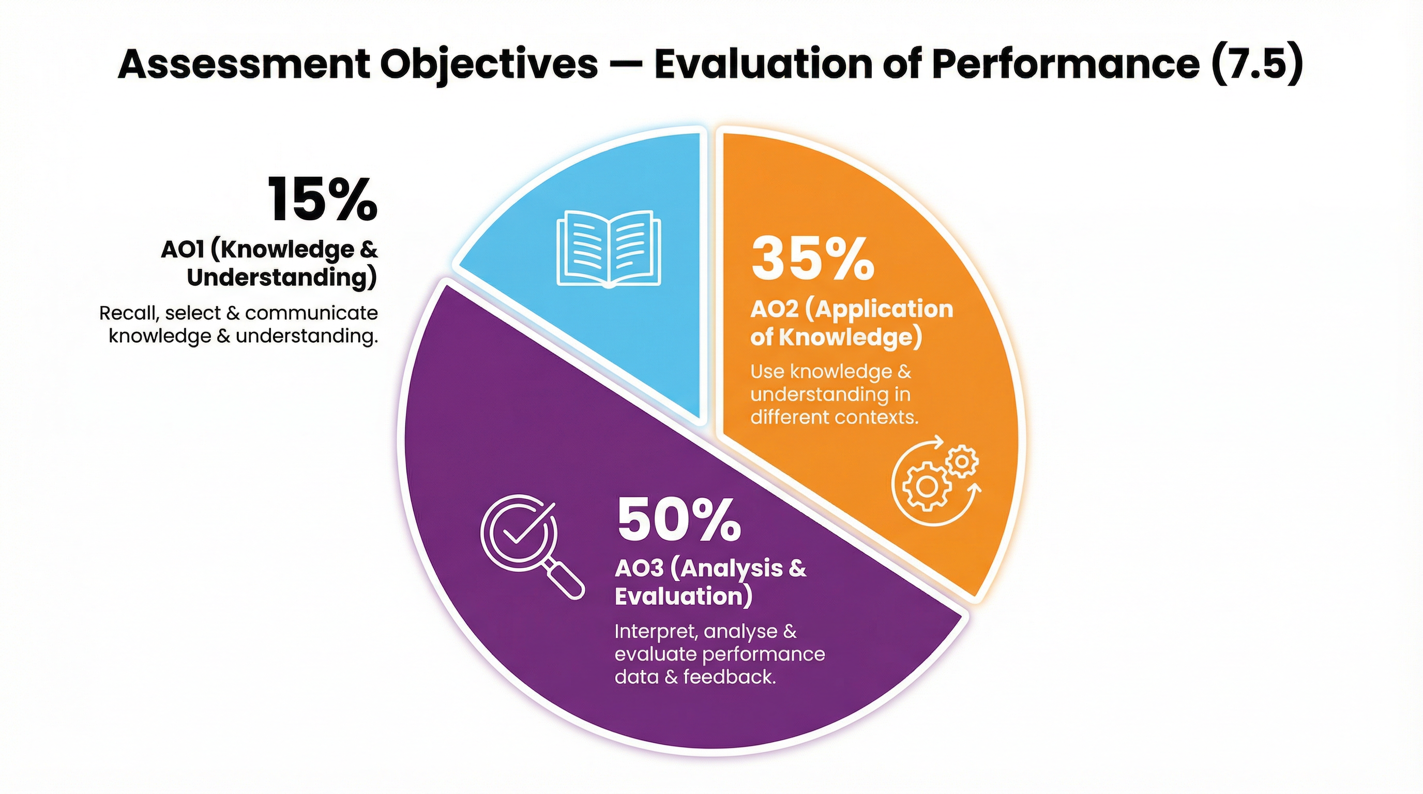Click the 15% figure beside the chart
323,200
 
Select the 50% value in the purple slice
678,520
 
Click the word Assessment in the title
244,65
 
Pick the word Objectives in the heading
488,65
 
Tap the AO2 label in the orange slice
774,309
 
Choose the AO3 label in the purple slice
639,568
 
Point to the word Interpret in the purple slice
656,631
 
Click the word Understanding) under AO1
282,277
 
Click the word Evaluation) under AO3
684,597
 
